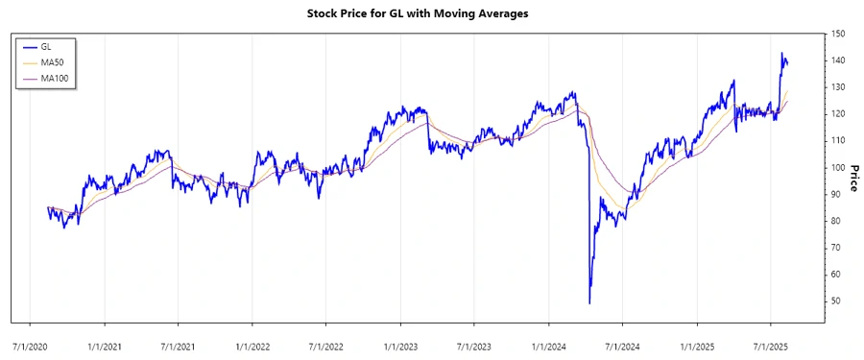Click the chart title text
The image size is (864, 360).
click(x=431, y=13)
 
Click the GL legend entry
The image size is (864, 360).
click(x=46, y=46)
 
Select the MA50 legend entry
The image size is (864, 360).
click(x=51, y=61)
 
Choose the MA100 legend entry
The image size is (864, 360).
click(x=54, y=78)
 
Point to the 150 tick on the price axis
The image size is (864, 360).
click(x=839, y=34)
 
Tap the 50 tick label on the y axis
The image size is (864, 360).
click(x=837, y=300)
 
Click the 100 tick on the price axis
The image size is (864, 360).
click(x=839, y=167)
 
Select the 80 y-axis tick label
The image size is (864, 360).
click(x=837, y=221)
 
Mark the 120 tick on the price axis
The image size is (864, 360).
click(x=839, y=113)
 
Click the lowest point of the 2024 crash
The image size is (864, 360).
click(x=588, y=303)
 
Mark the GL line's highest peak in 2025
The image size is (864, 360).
click(x=781, y=53)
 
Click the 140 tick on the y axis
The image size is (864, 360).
click(x=839, y=60)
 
